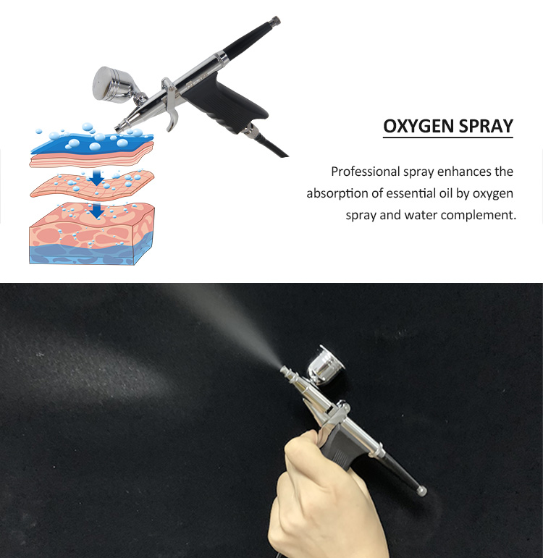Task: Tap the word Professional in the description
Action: coord(365,172)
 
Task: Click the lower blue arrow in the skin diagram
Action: coord(95,210)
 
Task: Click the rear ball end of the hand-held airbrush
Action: coord(422,490)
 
